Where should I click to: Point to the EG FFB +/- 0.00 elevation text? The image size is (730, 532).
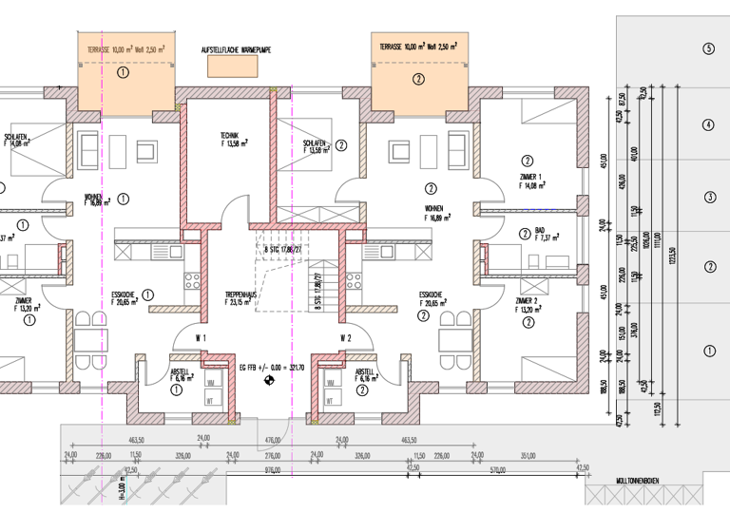[271, 366]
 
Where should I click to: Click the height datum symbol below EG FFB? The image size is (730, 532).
[269, 382]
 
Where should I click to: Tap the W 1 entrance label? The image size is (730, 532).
[202, 338]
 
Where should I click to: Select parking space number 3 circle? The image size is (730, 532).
[708, 198]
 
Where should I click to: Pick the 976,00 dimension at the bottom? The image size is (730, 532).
[273, 468]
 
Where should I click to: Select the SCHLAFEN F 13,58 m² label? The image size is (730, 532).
[317, 146]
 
